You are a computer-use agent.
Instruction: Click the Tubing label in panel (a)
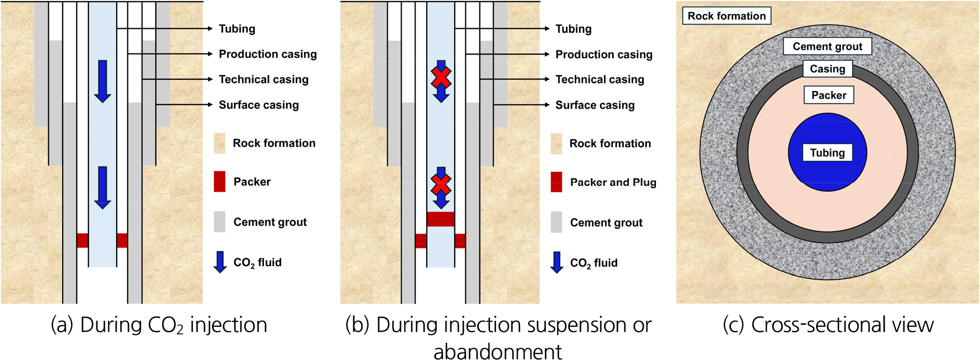pos(237,29)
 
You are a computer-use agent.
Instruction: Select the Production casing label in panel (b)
pos(604,54)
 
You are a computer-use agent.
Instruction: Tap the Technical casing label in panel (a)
pos(263,79)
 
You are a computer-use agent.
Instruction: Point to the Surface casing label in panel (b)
pos(594,105)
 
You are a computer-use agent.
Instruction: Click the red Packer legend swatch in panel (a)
pos(220,182)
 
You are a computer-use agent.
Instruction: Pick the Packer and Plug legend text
pos(613,182)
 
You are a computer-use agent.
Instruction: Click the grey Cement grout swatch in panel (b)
pos(556,222)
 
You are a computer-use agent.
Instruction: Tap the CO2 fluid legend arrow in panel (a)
pos(220,262)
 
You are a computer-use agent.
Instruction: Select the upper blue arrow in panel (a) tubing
pos(102,81)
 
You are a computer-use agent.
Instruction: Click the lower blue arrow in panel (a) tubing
pos(102,187)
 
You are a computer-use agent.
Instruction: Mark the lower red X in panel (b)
pos(441,185)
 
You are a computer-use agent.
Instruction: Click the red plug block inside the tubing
pos(440,219)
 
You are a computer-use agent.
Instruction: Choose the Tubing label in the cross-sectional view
pos(827,153)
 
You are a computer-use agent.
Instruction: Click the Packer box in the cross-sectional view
pos(828,95)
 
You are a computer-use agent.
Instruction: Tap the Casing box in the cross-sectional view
pos(827,69)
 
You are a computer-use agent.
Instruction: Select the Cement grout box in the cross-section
pos(827,47)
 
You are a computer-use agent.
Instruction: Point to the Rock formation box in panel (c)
pos(727,16)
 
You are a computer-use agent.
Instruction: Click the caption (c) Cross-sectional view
pos(828,325)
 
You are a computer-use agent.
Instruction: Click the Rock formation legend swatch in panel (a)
pos(220,144)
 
